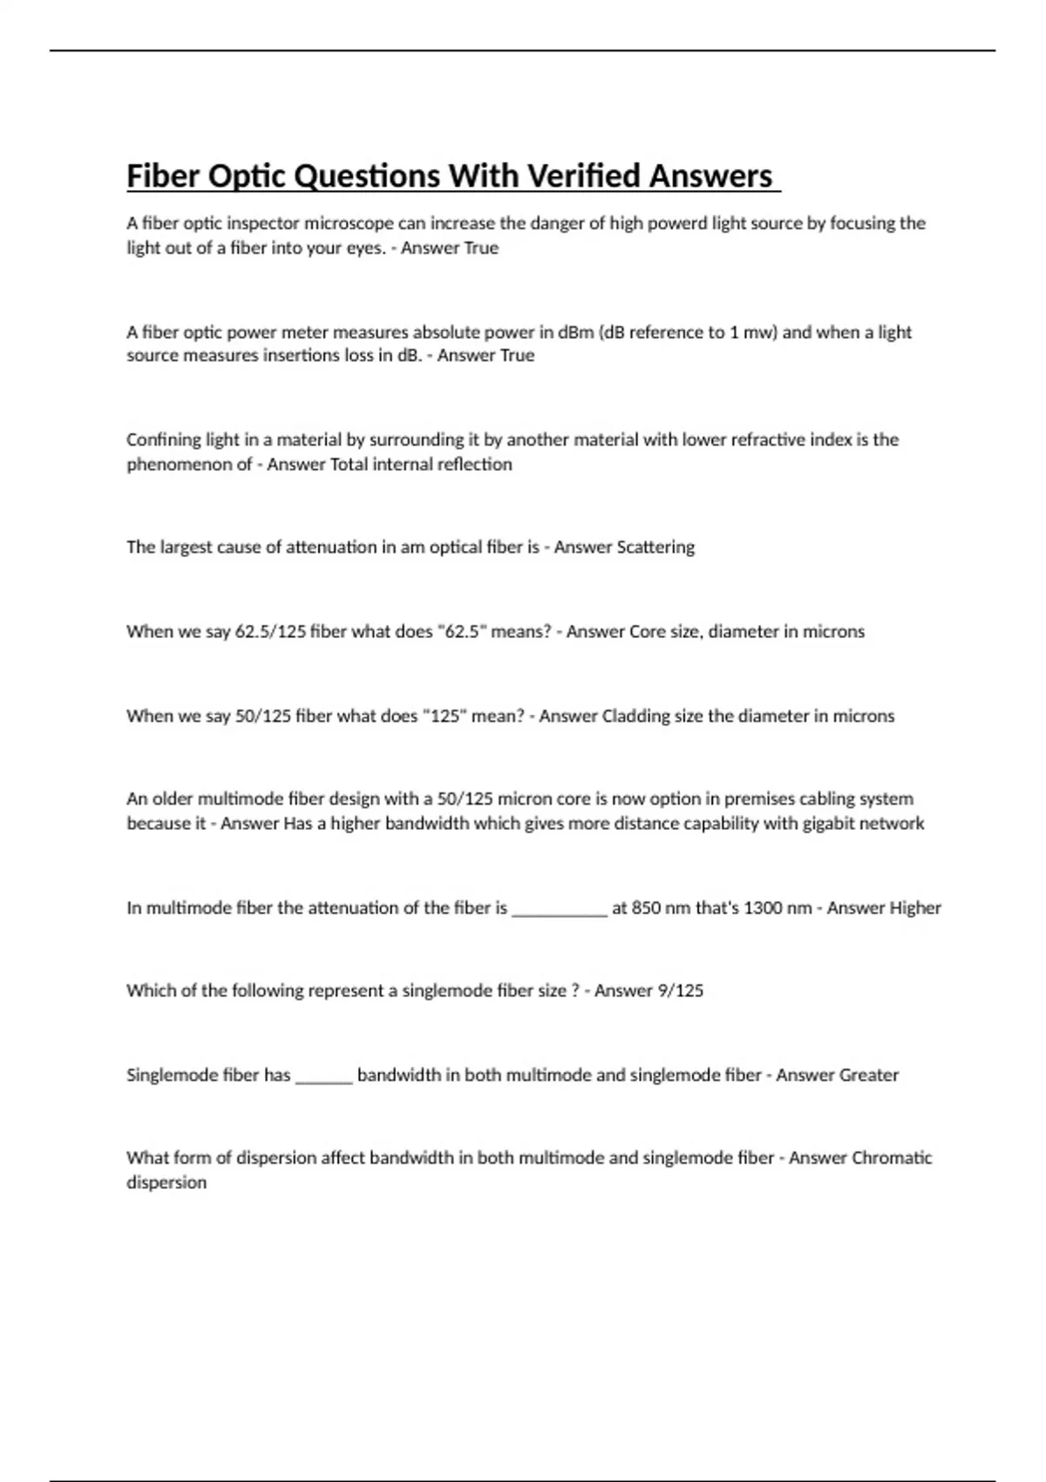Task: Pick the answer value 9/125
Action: (x=676, y=991)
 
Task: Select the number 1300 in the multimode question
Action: (x=762, y=908)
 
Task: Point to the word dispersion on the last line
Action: (x=166, y=1183)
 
